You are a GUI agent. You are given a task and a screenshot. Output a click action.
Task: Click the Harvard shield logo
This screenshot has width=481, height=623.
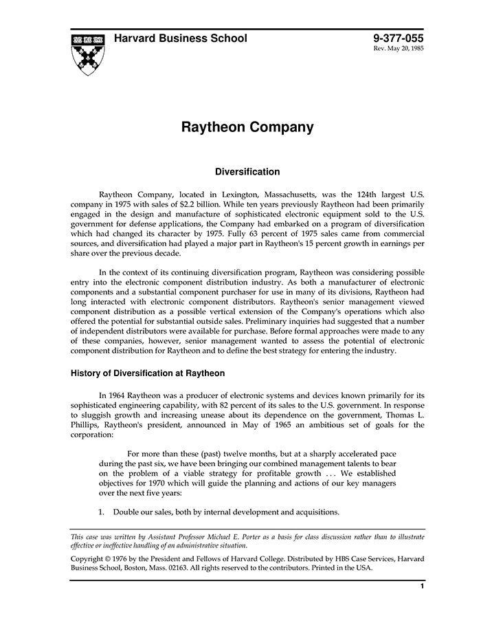pos(88,53)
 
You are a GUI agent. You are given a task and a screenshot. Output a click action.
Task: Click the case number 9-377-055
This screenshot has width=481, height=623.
pos(399,39)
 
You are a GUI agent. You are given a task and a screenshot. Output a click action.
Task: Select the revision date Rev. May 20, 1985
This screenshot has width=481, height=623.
pos(399,50)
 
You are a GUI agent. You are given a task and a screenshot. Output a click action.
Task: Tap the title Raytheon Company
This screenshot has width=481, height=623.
pos(247,127)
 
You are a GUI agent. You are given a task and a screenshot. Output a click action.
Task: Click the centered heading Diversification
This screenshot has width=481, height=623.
pos(247,172)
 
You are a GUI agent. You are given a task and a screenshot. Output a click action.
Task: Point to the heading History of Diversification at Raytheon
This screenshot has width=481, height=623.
pos(148,373)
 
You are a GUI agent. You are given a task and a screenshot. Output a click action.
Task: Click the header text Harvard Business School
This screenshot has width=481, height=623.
pos(181,39)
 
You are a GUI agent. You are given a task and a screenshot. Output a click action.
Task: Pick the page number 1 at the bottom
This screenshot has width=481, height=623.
pos(422,587)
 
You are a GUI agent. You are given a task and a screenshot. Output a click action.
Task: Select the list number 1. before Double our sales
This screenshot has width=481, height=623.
pos(101,512)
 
